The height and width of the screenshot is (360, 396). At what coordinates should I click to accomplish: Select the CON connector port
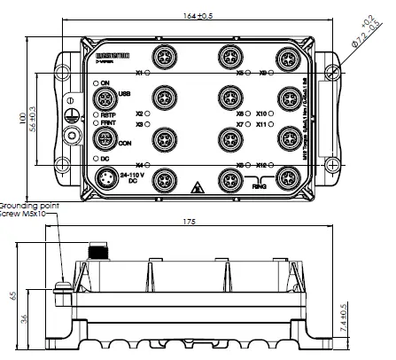pos(104,140)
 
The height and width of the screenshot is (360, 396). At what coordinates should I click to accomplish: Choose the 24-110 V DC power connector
pos(105,180)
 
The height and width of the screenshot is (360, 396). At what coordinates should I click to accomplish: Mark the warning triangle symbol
pos(196,187)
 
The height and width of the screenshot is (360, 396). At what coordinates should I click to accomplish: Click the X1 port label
pos(139,73)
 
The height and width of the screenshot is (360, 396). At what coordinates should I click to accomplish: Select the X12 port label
pos(263,166)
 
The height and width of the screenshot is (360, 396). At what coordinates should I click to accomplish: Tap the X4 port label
pos(139,166)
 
